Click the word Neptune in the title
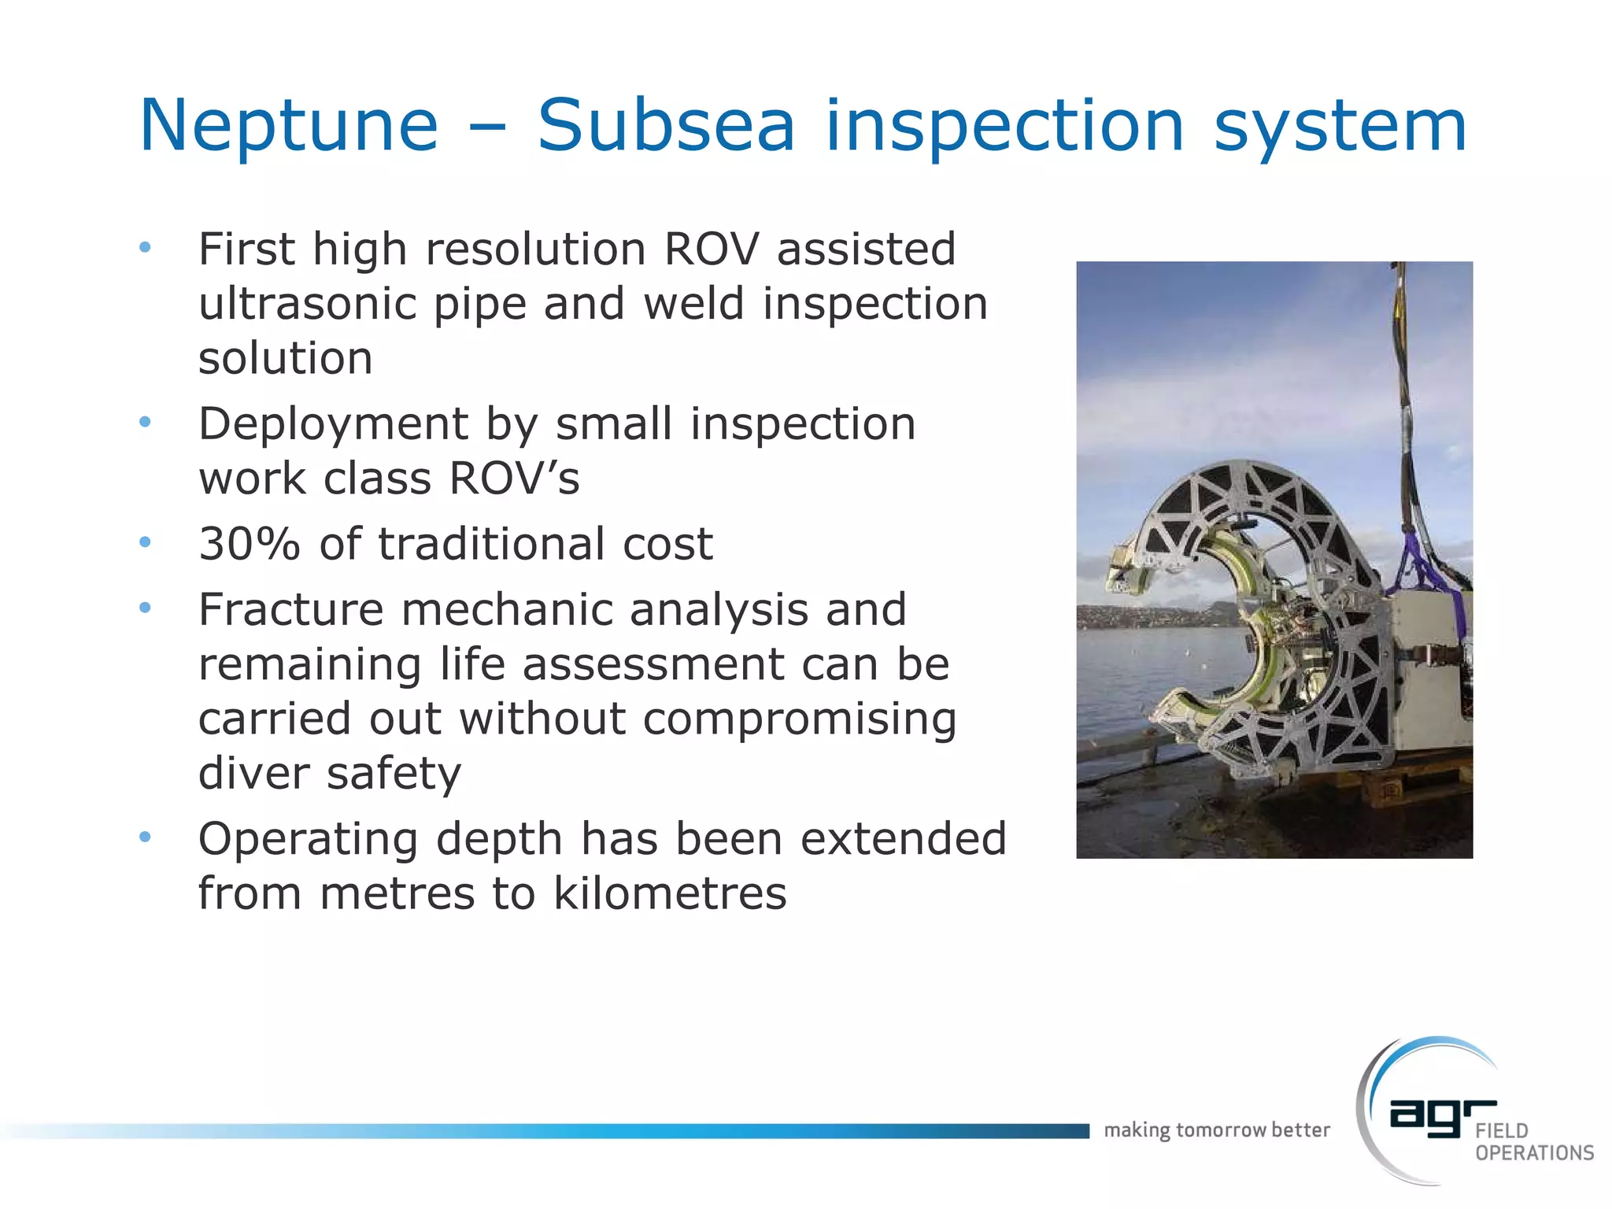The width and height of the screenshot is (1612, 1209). pos(288,126)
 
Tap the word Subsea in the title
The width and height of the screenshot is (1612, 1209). pos(666,126)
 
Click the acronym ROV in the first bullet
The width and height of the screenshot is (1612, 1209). pos(711,250)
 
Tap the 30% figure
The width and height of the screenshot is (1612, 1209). pos(250,544)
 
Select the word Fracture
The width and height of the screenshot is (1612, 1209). pos(290,609)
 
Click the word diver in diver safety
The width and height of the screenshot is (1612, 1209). pos(253,773)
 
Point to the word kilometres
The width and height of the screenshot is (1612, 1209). pos(670,893)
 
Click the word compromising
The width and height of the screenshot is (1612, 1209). pos(800,719)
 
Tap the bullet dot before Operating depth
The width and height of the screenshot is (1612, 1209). pos(145,837)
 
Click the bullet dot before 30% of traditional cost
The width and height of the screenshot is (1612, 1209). pos(145,542)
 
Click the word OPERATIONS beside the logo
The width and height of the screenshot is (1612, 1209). pos(1534,1153)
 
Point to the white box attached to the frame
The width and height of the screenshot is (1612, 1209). pos(1425,677)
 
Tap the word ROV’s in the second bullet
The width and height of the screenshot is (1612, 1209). pos(514,479)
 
